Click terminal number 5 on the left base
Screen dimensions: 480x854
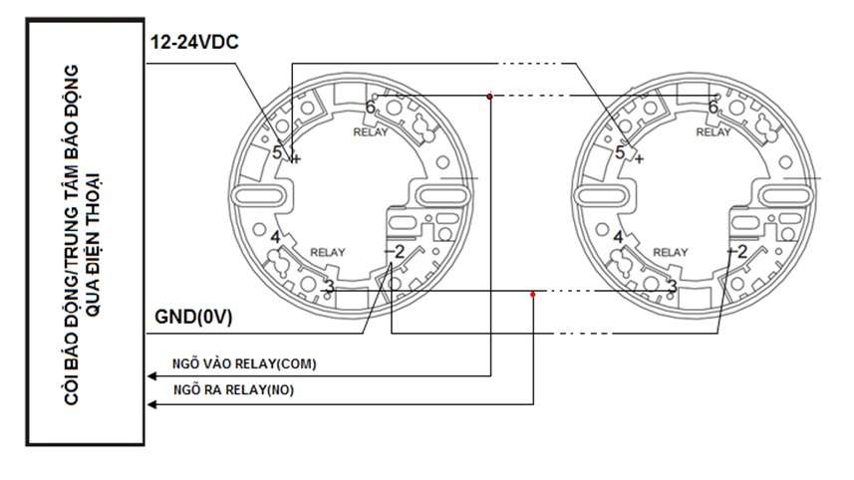pos(278,152)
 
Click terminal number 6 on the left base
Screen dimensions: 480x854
pos(370,106)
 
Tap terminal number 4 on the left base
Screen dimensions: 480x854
pos(275,237)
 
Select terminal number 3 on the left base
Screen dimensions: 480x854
pos(328,287)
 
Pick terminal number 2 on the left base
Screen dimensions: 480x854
pos(399,251)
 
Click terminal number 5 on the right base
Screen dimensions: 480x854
pos(620,152)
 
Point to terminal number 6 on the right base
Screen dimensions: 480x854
pos(712,106)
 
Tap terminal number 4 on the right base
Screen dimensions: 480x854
pos(618,237)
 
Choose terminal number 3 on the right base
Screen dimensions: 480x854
pos(672,287)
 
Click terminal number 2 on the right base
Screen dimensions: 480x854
pos(742,251)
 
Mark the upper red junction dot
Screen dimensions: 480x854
pos(489,97)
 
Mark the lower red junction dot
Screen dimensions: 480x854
pos(533,293)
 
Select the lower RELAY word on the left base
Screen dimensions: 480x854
pos(327,252)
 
